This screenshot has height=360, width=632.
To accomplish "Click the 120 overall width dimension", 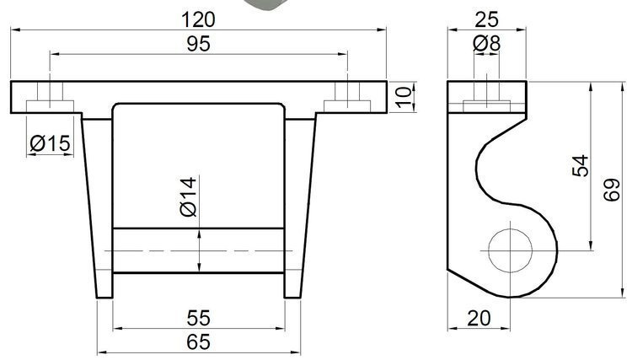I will (198, 19).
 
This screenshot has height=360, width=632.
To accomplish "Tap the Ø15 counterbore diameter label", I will (50, 144).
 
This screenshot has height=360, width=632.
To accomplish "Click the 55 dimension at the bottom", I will (198, 318).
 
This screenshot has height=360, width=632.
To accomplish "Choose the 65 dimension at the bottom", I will (198, 341).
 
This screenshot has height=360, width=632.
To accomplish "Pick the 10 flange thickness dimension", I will (405, 97).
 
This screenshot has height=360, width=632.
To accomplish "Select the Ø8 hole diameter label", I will (487, 43).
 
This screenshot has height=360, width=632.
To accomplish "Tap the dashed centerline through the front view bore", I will (198, 251).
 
